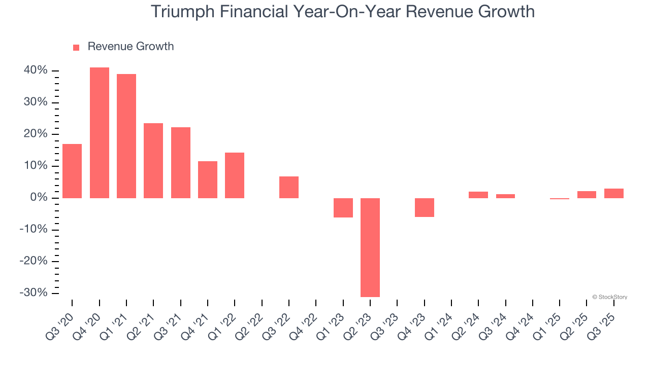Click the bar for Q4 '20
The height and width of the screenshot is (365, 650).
point(100,133)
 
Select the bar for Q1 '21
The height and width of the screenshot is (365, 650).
point(126,136)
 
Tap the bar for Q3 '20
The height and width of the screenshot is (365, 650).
point(72,171)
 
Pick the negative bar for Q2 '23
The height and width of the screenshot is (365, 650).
point(370,247)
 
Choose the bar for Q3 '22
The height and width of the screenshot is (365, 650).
point(289,187)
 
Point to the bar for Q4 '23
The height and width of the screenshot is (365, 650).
point(425,207)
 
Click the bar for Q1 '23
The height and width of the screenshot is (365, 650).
point(343,208)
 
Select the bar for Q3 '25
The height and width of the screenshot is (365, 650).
point(614,193)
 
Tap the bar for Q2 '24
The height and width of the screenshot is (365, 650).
point(478,195)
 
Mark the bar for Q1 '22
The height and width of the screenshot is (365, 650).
point(235,175)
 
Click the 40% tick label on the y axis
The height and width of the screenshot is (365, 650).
point(36,70)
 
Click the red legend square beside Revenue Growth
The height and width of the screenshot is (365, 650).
point(76,48)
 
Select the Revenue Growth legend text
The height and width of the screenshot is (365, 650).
point(131,47)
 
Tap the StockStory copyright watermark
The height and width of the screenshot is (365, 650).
point(609,297)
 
